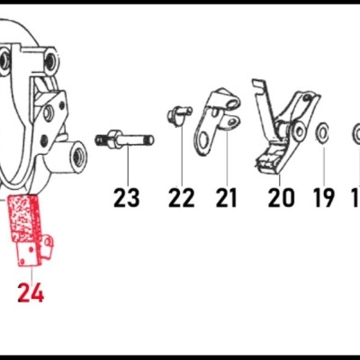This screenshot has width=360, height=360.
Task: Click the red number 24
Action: (30, 292)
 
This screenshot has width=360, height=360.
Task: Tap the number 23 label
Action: (127, 197)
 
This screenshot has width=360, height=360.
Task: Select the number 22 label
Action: (181, 197)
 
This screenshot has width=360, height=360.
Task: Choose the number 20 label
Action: (281, 197)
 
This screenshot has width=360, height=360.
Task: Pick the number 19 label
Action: (323, 197)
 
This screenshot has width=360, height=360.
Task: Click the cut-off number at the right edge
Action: (355, 197)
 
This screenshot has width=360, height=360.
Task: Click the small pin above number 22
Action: (178, 114)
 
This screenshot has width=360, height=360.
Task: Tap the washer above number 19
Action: (321, 134)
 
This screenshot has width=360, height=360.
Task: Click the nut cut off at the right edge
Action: (355, 135)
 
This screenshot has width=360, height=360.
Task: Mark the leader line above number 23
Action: (128, 166)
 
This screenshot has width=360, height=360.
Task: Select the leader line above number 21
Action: (226, 162)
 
